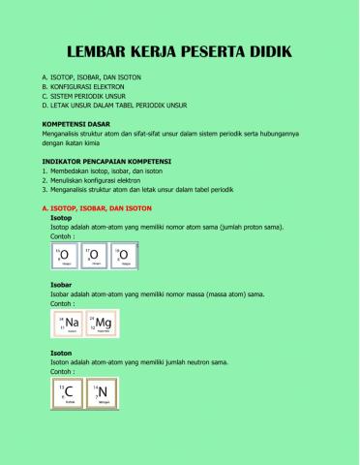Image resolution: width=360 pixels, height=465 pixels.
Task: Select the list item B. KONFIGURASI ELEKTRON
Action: tap(83, 85)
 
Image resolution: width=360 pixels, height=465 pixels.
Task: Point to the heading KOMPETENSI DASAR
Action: tap(78, 125)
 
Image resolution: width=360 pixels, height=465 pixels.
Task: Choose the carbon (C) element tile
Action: tap(66, 394)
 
